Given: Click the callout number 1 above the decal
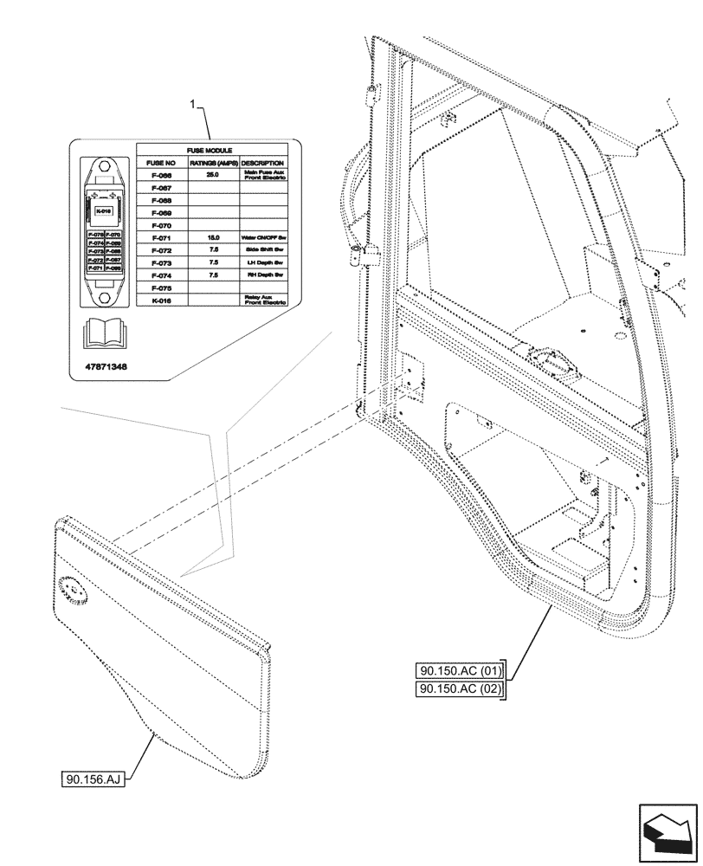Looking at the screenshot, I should [192, 103].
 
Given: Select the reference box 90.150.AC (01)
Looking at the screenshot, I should [460, 670].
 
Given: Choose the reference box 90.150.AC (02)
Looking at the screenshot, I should [460, 689].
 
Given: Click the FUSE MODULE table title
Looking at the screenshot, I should [211, 151].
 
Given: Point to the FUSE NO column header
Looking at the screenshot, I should [162, 163].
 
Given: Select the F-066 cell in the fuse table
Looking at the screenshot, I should [162, 175].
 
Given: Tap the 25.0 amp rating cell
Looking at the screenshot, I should [213, 175].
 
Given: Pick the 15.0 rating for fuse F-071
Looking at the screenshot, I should [213, 236].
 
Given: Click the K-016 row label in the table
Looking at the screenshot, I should [162, 300].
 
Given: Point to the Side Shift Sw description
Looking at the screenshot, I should [264, 249].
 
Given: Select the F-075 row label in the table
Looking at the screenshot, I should [162, 287].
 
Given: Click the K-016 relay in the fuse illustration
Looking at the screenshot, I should [104, 210].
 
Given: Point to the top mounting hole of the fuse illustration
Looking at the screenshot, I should [104, 168].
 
